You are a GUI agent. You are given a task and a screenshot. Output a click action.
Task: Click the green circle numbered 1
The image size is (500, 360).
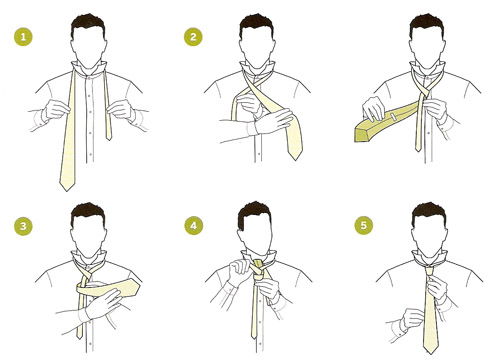[23, 36]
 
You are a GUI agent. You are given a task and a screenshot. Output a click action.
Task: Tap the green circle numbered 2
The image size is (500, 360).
[193, 36]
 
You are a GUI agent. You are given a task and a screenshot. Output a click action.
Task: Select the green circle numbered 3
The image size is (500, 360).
[23, 226]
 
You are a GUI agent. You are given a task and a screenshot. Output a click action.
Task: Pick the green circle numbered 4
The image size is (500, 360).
[194, 225]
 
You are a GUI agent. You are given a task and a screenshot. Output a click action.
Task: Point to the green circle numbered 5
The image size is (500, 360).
[364, 225]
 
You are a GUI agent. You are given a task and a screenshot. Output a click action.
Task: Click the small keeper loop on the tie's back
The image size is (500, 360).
[394, 117]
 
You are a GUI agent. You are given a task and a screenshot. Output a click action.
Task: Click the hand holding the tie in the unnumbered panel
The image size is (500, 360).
[374, 108]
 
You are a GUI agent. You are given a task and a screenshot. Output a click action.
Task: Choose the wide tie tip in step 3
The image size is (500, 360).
[137, 287]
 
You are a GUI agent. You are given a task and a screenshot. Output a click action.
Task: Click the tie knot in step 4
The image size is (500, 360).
[258, 270]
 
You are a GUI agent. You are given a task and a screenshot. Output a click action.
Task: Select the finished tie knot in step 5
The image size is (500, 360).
[429, 271]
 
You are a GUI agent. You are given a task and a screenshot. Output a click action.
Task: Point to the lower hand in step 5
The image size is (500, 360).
[413, 319]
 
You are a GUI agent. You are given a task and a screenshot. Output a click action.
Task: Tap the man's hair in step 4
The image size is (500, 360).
[254, 212]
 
